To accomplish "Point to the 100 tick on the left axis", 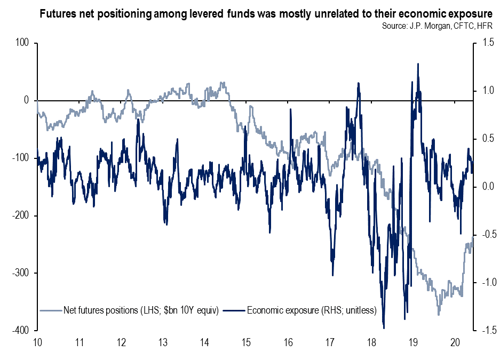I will (23, 43).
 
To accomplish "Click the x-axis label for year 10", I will (37, 342).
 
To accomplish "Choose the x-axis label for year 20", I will (455, 342).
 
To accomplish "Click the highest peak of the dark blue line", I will (417, 63).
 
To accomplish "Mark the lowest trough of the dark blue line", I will (384, 328).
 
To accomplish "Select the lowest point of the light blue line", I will (439, 315).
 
